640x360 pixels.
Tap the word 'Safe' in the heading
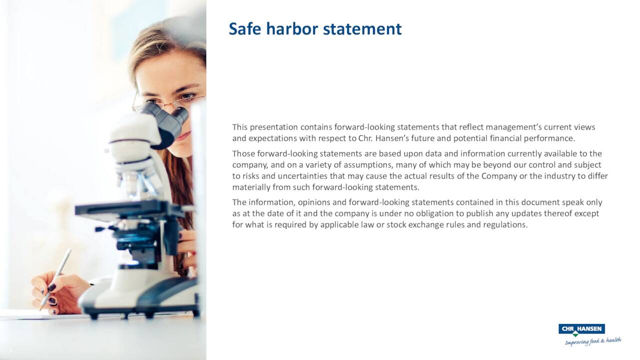click(x=245, y=29)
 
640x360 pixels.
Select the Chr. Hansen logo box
click(x=581, y=329)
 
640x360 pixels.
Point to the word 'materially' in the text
click(x=251, y=187)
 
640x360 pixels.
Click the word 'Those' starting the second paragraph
click(x=243, y=153)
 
